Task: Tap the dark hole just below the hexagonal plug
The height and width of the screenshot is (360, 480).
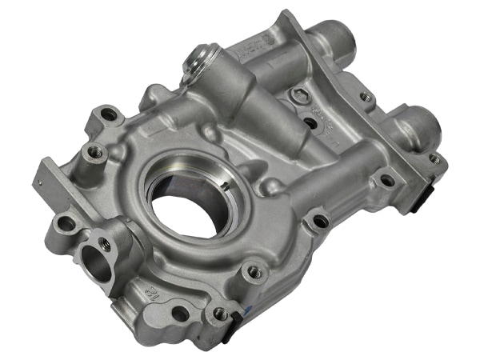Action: pos(310,123)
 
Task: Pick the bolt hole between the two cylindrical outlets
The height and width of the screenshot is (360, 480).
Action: pos(365,97)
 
